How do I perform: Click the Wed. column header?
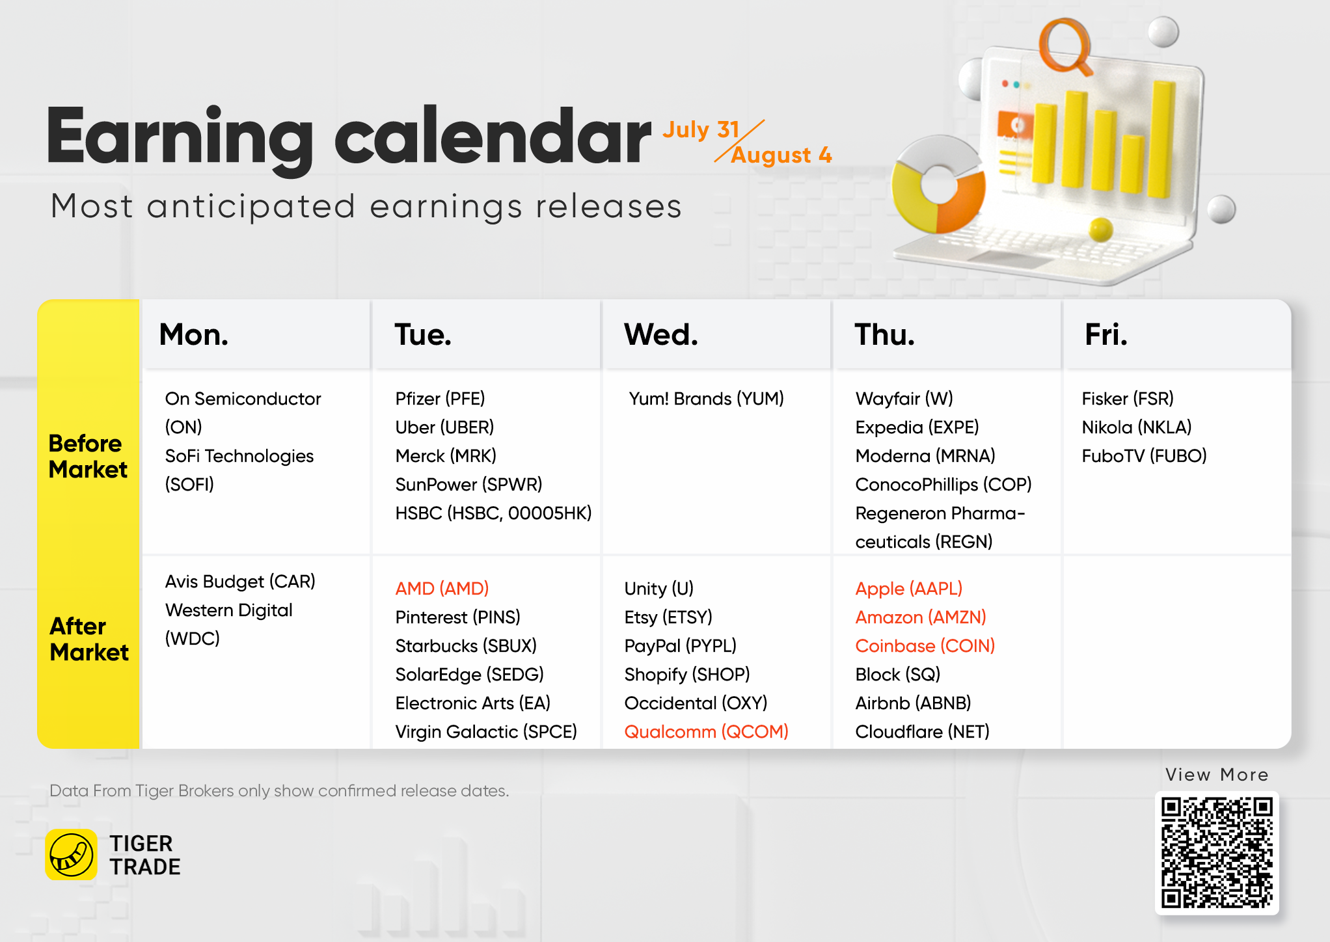660,334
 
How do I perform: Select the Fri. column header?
1106,334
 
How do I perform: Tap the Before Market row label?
88,456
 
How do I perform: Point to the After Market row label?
89,639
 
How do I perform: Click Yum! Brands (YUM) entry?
706,398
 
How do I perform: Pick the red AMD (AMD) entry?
442,588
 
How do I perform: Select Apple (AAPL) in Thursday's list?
908,588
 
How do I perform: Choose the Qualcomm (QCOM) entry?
706,731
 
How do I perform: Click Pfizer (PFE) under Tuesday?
440,398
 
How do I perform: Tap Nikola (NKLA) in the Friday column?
1136,427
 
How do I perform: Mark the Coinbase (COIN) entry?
925,645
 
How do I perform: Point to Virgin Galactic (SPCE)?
485,731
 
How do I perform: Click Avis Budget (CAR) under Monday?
239,581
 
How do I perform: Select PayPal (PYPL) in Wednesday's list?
680,645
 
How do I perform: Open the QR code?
1217,852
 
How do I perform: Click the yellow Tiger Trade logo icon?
72,854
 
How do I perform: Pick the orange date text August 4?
781,155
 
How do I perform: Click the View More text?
1217,774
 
